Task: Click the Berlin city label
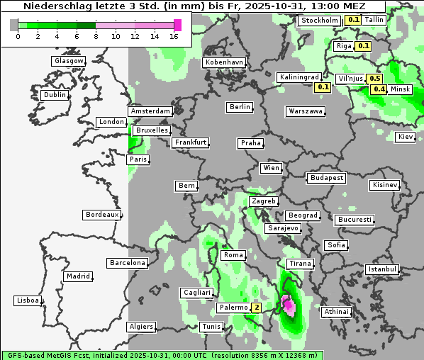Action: coord(240,107)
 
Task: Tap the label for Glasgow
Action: coord(68,61)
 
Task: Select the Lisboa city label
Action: coord(27,300)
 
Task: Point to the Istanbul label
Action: coord(382,269)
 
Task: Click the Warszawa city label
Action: coord(306,111)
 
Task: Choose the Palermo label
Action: coord(233,308)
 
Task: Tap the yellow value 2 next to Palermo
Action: coord(256,308)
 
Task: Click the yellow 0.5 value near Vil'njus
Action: coord(375,79)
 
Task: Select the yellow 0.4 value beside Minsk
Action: coord(379,89)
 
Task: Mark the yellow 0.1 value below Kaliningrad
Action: coord(323,87)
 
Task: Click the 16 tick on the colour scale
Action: coord(174,35)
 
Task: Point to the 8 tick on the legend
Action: coord(96,35)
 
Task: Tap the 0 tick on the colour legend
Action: coord(17,35)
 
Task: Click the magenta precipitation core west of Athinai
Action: coord(288,305)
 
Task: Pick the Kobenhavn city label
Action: coord(224,62)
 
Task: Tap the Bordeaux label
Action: coord(101,214)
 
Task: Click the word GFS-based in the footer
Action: coord(26,354)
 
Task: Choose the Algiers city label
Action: coord(140,327)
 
